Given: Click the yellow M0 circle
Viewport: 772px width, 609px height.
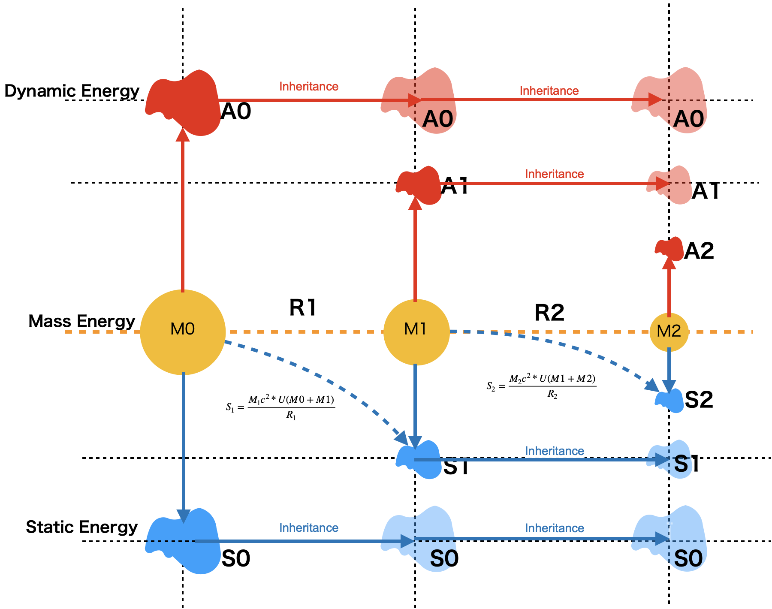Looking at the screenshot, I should coord(183,332).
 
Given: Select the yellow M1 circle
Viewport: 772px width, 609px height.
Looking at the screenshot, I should coord(416,332).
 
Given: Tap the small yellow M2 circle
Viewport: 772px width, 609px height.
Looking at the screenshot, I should coord(669,332).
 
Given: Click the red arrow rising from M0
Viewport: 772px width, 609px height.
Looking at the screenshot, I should coord(183,214).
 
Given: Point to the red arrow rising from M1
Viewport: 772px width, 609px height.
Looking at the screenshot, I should coord(415,253).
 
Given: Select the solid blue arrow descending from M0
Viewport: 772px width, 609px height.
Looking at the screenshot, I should coord(184,442).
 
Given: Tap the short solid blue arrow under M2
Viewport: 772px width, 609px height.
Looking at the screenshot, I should coord(669,369).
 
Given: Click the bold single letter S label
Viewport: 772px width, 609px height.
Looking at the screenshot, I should coord(681,464).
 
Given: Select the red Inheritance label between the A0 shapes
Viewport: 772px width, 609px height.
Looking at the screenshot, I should coord(549,90).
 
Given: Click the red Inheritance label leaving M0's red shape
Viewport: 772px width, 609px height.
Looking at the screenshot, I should coord(309,86).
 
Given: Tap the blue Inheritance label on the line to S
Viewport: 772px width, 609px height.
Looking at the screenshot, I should coord(555,451).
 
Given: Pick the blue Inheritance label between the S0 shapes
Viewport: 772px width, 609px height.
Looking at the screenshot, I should coord(555,528).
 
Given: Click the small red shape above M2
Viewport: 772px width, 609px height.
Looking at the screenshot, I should coord(670,248).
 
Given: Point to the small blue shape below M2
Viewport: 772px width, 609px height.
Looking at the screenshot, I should coord(670,402).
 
